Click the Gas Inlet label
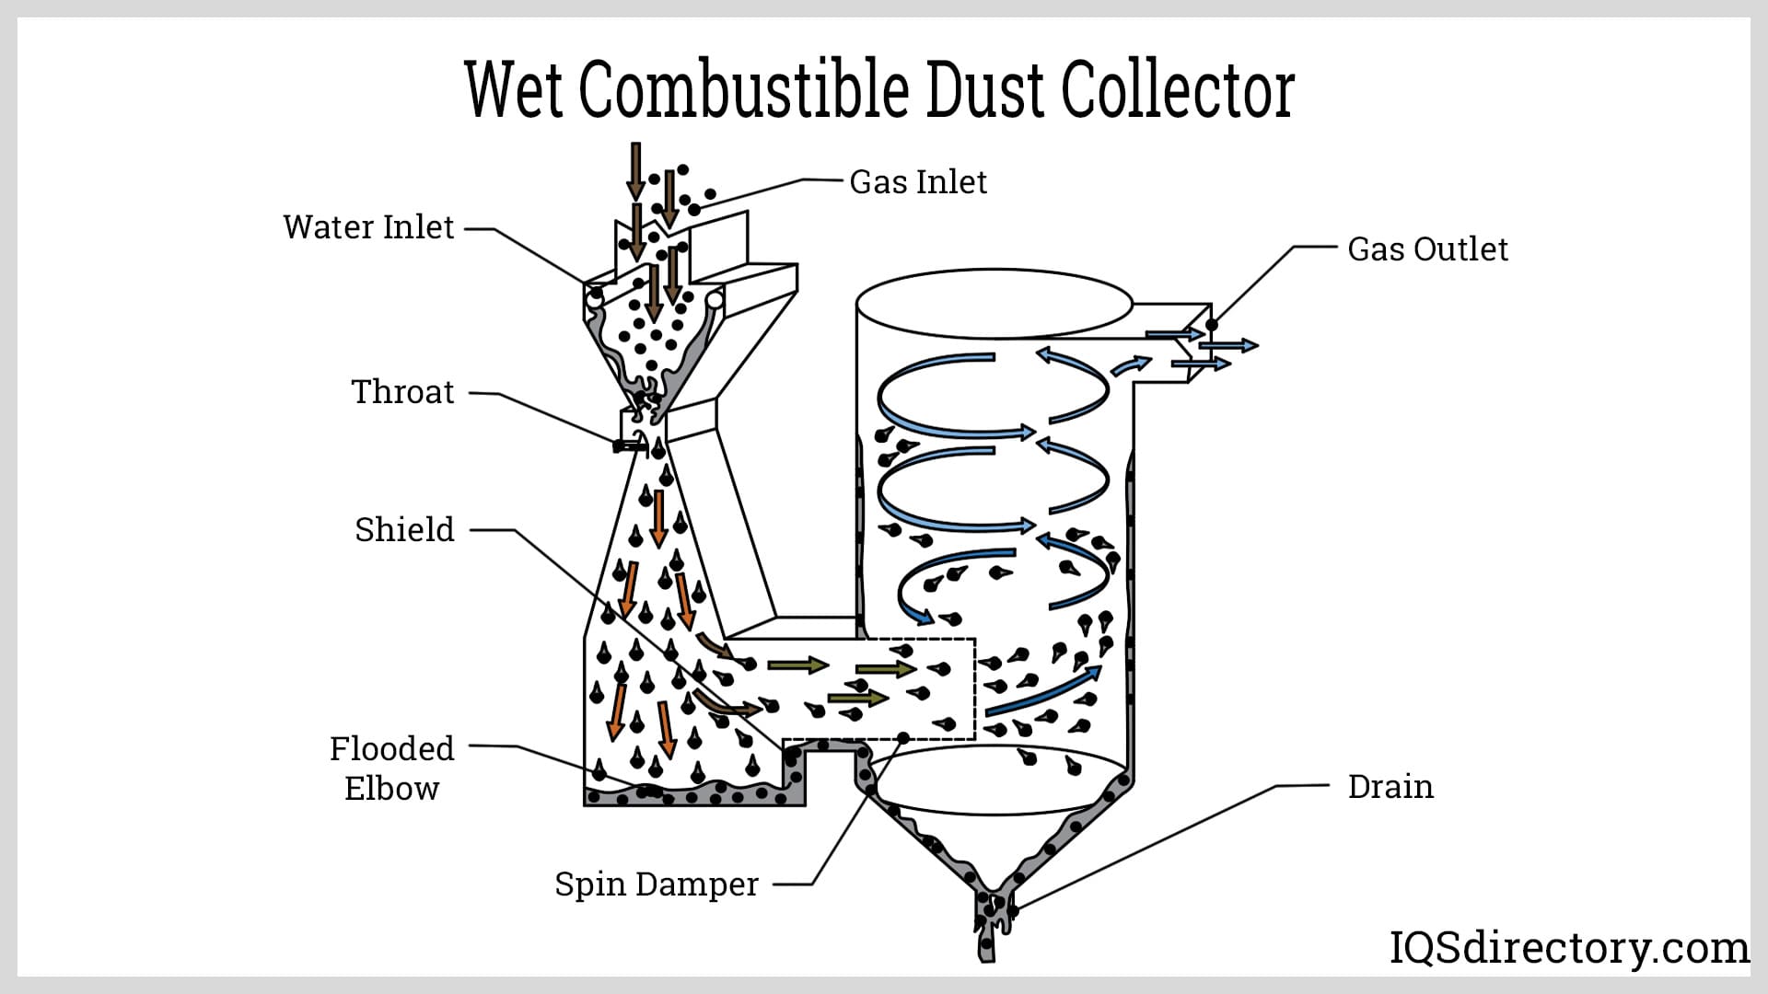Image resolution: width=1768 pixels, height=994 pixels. click(x=917, y=182)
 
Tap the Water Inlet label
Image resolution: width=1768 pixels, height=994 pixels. click(x=368, y=227)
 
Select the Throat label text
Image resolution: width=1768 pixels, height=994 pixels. click(x=402, y=392)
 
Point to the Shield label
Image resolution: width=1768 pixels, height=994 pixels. click(x=404, y=530)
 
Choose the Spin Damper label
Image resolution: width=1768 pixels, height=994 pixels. click(x=657, y=884)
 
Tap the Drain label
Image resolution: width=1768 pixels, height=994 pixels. click(x=1390, y=787)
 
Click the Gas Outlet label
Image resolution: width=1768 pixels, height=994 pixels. click(x=1427, y=249)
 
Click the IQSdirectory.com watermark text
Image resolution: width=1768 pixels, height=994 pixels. click(x=1569, y=948)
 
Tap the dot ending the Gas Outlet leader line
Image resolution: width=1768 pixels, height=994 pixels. click(x=1212, y=325)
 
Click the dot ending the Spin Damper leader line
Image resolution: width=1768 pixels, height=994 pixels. click(x=904, y=738)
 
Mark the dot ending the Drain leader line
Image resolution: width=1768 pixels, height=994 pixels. click(x=1013, y=911)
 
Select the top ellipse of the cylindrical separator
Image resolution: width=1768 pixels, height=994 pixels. click(x=994, y=304)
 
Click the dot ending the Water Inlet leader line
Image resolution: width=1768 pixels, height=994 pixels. click(x=596, y=294)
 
